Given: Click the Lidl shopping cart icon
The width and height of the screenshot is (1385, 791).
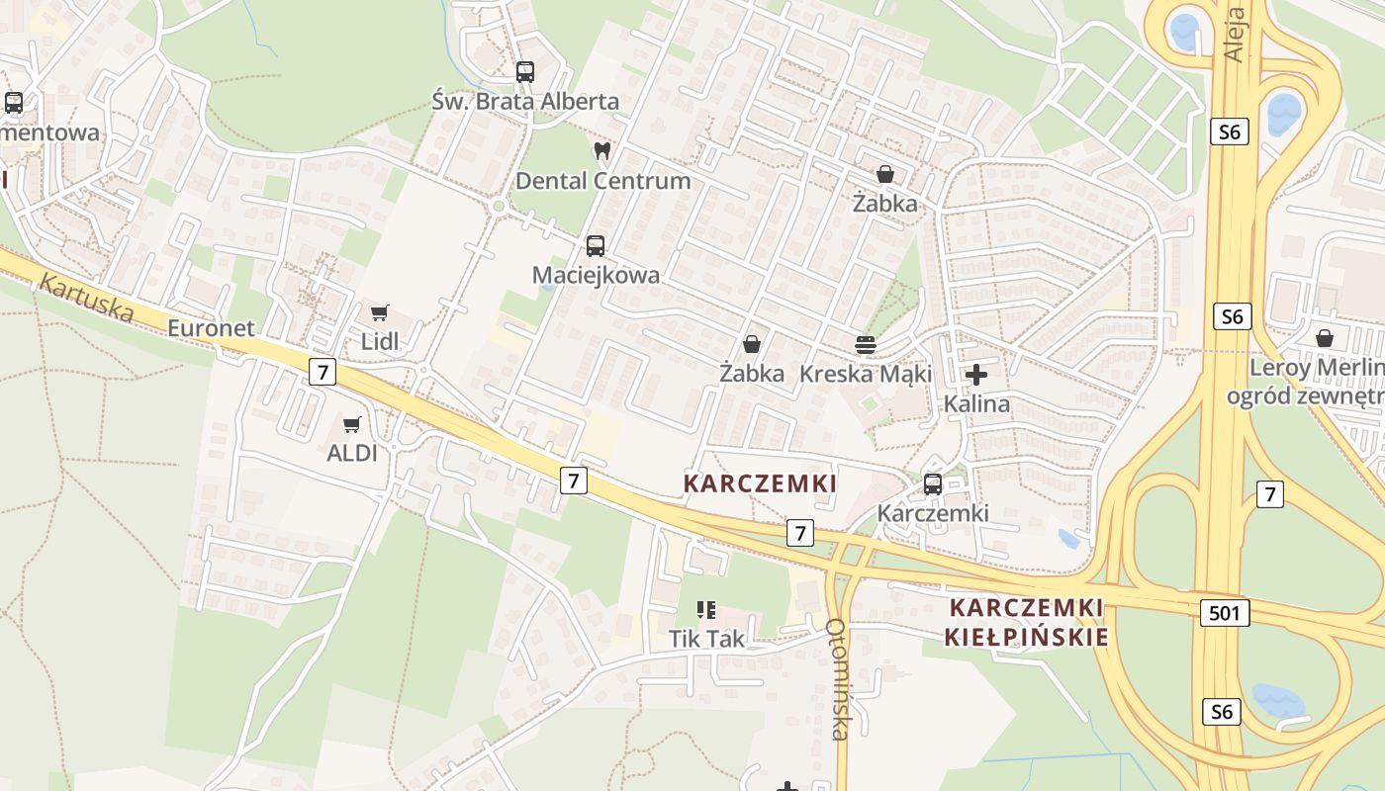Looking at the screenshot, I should [x=379, y=313].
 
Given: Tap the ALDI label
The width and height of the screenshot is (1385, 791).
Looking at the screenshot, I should [x=352, y=454].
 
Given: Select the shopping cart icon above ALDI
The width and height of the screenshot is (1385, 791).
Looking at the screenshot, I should [x=351, y=425].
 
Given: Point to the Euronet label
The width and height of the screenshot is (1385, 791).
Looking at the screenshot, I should [x=211, y=328].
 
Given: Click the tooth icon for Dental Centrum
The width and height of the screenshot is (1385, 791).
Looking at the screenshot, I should [x=601, y=151].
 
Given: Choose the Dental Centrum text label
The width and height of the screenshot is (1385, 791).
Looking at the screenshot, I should [x=602, y=181].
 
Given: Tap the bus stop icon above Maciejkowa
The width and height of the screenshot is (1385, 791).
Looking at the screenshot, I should [x=595, y=246].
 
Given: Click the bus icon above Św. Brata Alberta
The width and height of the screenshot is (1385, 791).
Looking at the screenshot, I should [x=524, y=71].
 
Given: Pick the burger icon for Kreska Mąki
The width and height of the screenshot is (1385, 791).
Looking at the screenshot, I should [x=866, y=345].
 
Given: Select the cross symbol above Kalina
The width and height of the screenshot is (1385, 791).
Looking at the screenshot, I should [x=976, y=375].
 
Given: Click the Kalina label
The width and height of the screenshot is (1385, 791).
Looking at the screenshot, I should [x=976, y=403].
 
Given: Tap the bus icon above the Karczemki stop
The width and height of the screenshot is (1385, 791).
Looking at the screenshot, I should [x=932, y=484].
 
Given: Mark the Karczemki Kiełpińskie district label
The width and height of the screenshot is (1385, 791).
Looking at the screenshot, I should [x=1026, y=622].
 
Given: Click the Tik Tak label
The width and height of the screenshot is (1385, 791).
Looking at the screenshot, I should [x=706, y=639].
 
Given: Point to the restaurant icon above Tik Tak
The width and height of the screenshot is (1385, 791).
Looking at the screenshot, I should [x=705, y=609].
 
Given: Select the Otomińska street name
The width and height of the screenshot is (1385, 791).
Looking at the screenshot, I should [x=838, y=679].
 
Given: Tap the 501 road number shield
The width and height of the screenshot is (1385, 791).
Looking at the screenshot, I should [x=1224, y=613].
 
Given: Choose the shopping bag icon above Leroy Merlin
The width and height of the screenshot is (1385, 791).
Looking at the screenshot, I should [x=1324, y=338].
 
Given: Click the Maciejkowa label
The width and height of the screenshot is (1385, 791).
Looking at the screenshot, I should [x=596, y=275].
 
